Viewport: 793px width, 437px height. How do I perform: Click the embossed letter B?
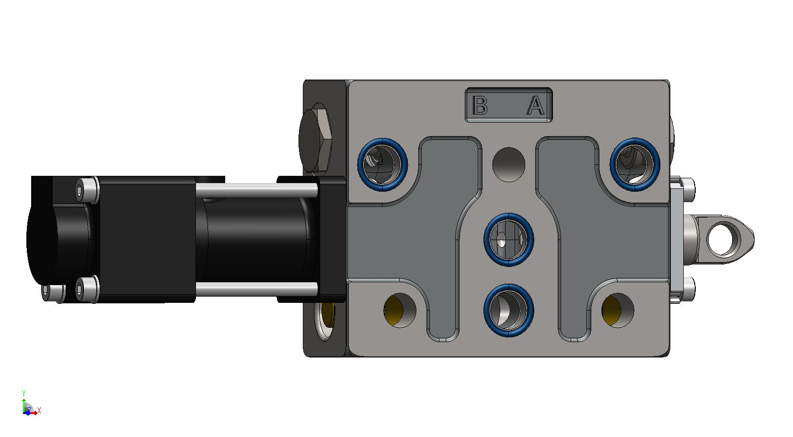point(480,105)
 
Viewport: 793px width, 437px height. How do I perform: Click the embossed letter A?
point(535,105)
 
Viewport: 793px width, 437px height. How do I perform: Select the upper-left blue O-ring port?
point(382,165)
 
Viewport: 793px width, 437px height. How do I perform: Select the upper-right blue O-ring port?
point(635,164)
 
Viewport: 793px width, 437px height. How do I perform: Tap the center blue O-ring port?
point(509,240)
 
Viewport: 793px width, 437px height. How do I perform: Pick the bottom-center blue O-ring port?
point(509,310)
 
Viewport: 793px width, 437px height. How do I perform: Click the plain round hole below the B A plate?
point(509,165)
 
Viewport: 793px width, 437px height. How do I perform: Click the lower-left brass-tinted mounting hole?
point(400,310)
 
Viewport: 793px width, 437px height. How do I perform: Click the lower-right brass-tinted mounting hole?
point(618,310)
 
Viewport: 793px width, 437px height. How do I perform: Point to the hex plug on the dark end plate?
point(315,140)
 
